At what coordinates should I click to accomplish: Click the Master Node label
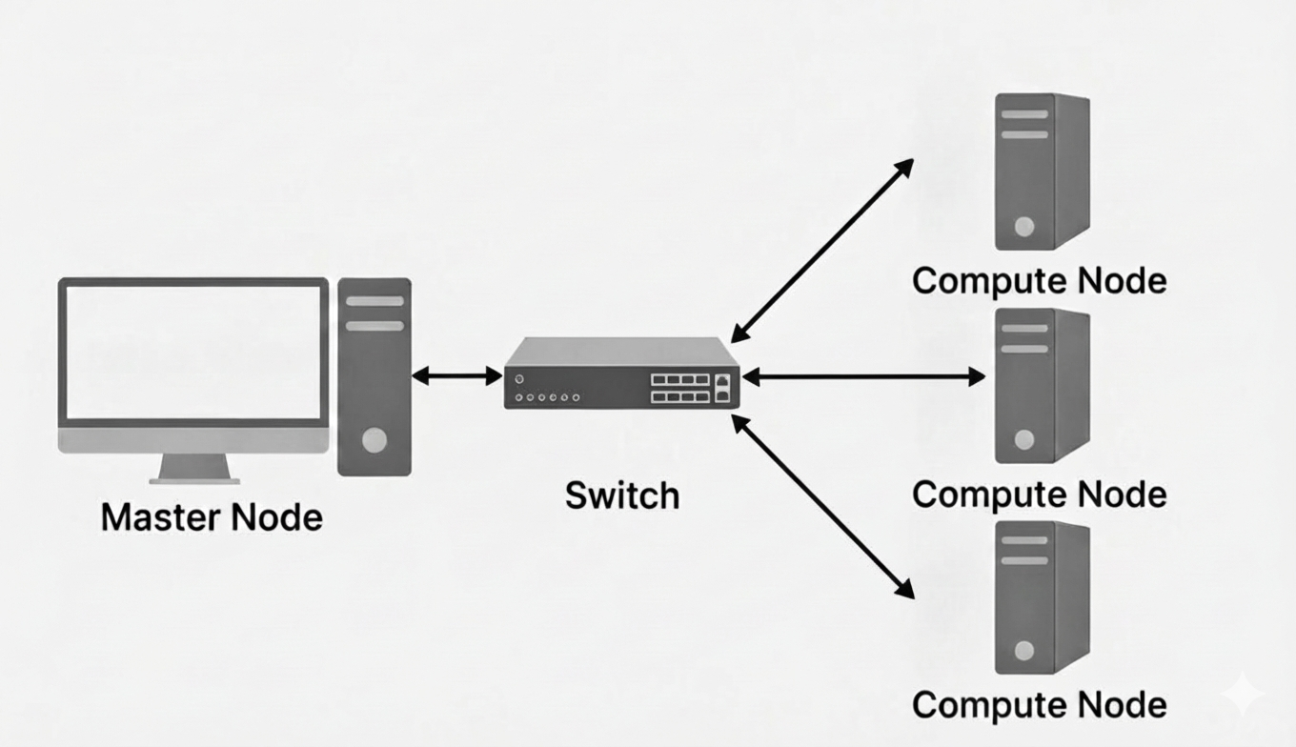(212, 517)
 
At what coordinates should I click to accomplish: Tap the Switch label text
(622, 495)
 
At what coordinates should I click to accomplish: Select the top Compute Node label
(1039, 281)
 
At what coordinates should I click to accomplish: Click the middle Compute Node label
(1039, 495)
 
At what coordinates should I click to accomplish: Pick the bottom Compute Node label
(1039, 705)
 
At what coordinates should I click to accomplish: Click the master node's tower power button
(375, 439)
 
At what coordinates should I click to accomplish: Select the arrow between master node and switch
(457, 376)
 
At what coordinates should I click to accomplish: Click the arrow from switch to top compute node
(821, 251)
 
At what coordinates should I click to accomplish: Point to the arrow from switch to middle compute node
(863, 377)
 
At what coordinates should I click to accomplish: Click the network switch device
(621, 373)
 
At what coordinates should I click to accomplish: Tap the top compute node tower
(1041, 172)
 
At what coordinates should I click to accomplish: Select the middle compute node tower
(1041, 386)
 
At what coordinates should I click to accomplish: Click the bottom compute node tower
(1041, 598)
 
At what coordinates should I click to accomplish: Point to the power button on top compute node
(1023, 227)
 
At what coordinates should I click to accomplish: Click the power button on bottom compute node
(1023, 651)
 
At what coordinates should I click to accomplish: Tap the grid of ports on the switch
(680, 388)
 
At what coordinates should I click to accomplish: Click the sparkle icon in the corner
(1244, 695)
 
